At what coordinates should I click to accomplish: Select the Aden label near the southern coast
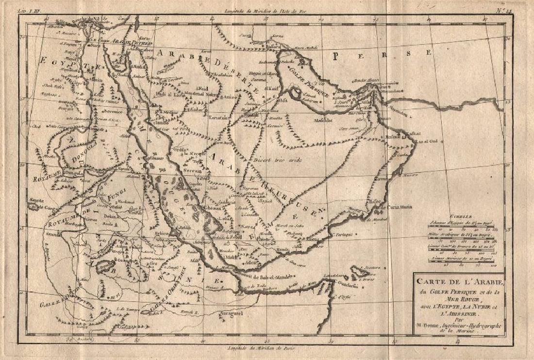[x=250, y=262]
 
